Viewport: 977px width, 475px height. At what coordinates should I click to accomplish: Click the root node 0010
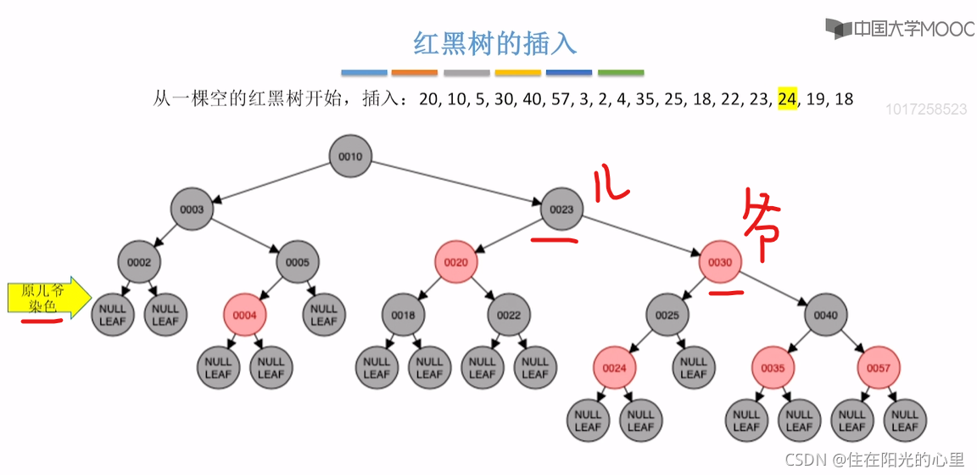point(350,157)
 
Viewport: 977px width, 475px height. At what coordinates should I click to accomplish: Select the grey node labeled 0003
point(192,210)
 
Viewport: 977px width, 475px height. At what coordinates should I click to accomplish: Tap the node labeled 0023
point(561,210)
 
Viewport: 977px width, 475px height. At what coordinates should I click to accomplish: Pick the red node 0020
point(455,262)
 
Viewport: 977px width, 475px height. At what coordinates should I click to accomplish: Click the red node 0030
point(720,262)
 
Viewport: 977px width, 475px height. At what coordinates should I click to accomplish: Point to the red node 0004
point(244,316)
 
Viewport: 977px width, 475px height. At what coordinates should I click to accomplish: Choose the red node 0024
point(614,368)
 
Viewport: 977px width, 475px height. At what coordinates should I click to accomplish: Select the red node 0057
point(878,368)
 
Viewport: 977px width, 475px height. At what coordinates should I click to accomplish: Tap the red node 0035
point(773,368)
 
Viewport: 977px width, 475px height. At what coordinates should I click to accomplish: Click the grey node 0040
point(825,316)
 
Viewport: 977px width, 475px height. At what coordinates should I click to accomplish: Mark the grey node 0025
point(667,316)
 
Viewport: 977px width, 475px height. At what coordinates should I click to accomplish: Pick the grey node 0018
point(403,316)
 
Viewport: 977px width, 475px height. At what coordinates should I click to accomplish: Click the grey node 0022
point(509,316)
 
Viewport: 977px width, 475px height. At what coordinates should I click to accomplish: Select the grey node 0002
point(139,262)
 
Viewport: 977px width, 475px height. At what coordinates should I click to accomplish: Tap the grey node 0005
point(297,262)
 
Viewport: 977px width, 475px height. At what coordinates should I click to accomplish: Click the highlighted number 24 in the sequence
point(787,99)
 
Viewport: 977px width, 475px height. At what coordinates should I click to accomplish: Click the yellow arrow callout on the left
point(47,298)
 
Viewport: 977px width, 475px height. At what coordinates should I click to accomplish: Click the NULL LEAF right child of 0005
point(323,316)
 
